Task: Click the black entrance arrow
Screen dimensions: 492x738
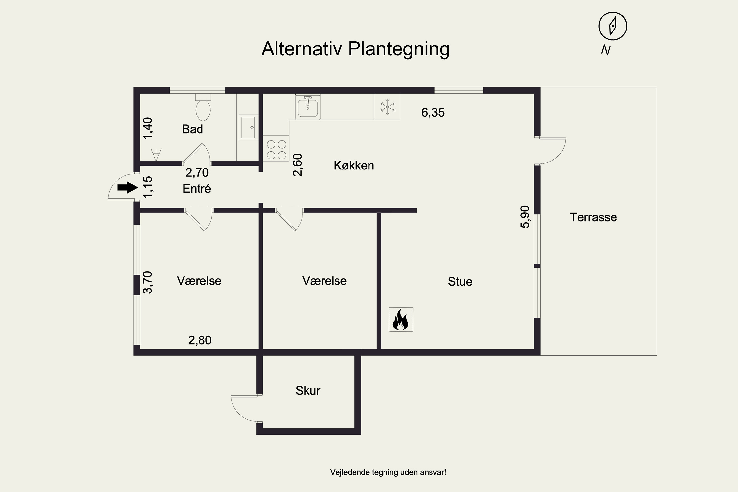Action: (x=127, y=188)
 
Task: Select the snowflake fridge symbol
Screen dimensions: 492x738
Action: (x=387, y=107)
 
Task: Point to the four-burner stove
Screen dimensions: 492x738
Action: (x=276, y=149)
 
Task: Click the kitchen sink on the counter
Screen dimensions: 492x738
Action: (x=307, y=107)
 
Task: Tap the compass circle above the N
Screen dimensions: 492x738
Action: (x=612, y=26)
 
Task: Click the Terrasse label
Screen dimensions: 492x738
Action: (x=593, y=217)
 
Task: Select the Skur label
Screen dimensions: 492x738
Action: (x=307, y=391)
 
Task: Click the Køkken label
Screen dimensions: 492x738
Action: (x=354, y=166)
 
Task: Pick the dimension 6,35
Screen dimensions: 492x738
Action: (x=433, y=113)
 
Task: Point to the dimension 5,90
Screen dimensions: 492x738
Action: (x=525, y=217)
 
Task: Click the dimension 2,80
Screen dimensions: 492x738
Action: (x=200, y=340)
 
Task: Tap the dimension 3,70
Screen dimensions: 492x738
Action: (x=147, y=282)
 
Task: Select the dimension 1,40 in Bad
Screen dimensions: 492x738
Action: (x=147, y=128)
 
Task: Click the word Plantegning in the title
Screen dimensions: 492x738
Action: (x=399, y=49)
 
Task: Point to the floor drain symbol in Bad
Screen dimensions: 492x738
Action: (x=156, y=154)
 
